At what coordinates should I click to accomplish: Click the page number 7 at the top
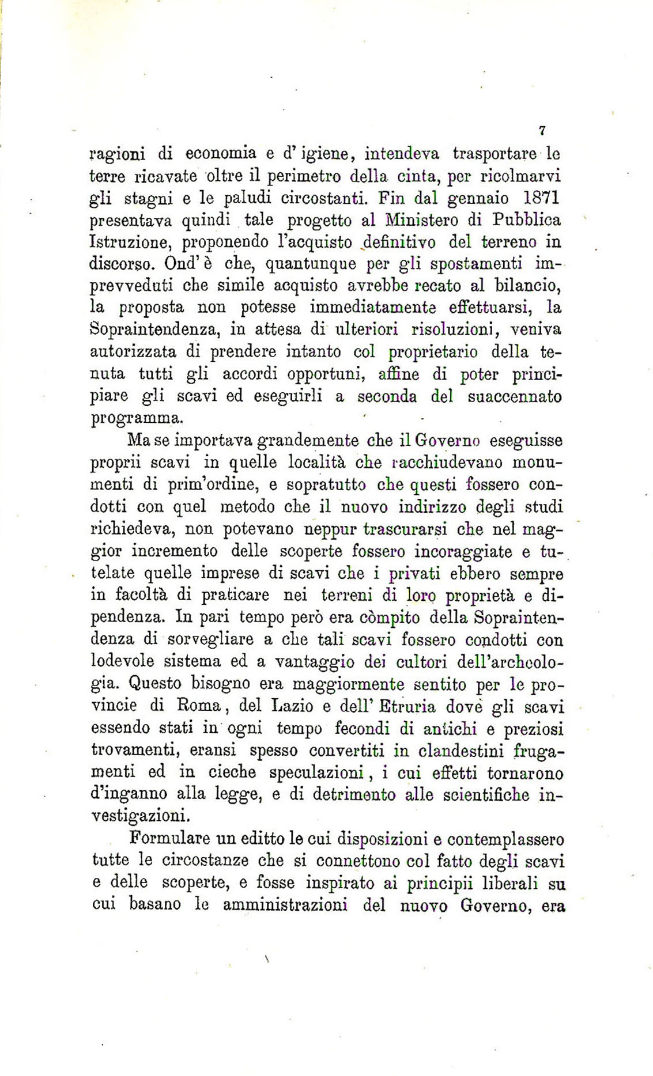pos(542,131)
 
